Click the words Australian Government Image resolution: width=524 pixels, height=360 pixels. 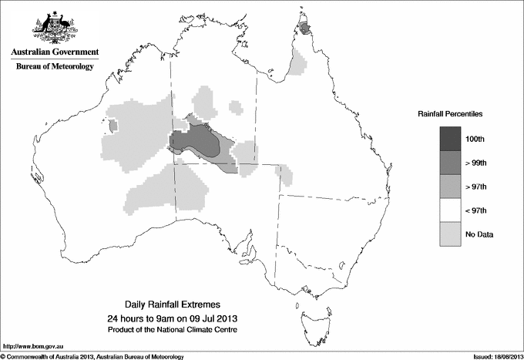click(x=54, y=52)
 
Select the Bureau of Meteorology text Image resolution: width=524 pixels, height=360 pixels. click(x=55, y=67)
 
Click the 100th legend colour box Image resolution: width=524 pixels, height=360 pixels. click(x=450, y=139)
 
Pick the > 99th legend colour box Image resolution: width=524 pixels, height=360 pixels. click(x=450, y=163)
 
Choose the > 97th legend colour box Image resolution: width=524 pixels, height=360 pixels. click(x=450, y=187)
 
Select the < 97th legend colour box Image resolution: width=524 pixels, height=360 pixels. click(x=450, y=210)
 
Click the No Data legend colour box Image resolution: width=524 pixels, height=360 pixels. click(x=450, y=234)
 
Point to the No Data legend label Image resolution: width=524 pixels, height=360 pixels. click(x=479, y=234)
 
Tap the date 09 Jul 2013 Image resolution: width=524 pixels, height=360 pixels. click(x=213, y=318)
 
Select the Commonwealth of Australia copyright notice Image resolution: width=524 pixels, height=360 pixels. click(x=92, y=356)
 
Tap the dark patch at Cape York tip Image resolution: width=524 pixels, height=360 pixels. click(x=306, y=29)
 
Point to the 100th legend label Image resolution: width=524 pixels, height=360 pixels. click(x=475, y=139)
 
